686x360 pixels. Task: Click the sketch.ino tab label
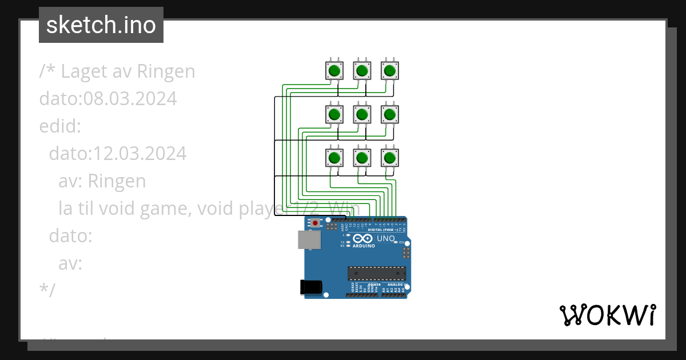pos(101,25)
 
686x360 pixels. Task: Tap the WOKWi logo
pos(607,315)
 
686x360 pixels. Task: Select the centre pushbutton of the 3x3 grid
pos(361,115)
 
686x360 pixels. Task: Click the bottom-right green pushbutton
pos(390,158)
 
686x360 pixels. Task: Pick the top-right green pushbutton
pos(390,71)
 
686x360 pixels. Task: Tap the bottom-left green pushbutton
pos(334,158)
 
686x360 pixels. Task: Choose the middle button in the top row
pos(361,71)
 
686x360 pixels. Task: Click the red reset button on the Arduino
pos(315,223)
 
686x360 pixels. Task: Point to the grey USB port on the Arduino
pos(309,240)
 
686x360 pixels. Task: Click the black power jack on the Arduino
pos(311,286)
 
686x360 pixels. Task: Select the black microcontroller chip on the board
pos(377,274)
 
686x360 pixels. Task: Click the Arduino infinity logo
pos(362,239)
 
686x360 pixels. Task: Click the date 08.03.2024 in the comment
pos(130,99)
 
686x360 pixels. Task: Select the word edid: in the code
pos(60,126)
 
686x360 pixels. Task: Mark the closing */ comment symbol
pos(47,291)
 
